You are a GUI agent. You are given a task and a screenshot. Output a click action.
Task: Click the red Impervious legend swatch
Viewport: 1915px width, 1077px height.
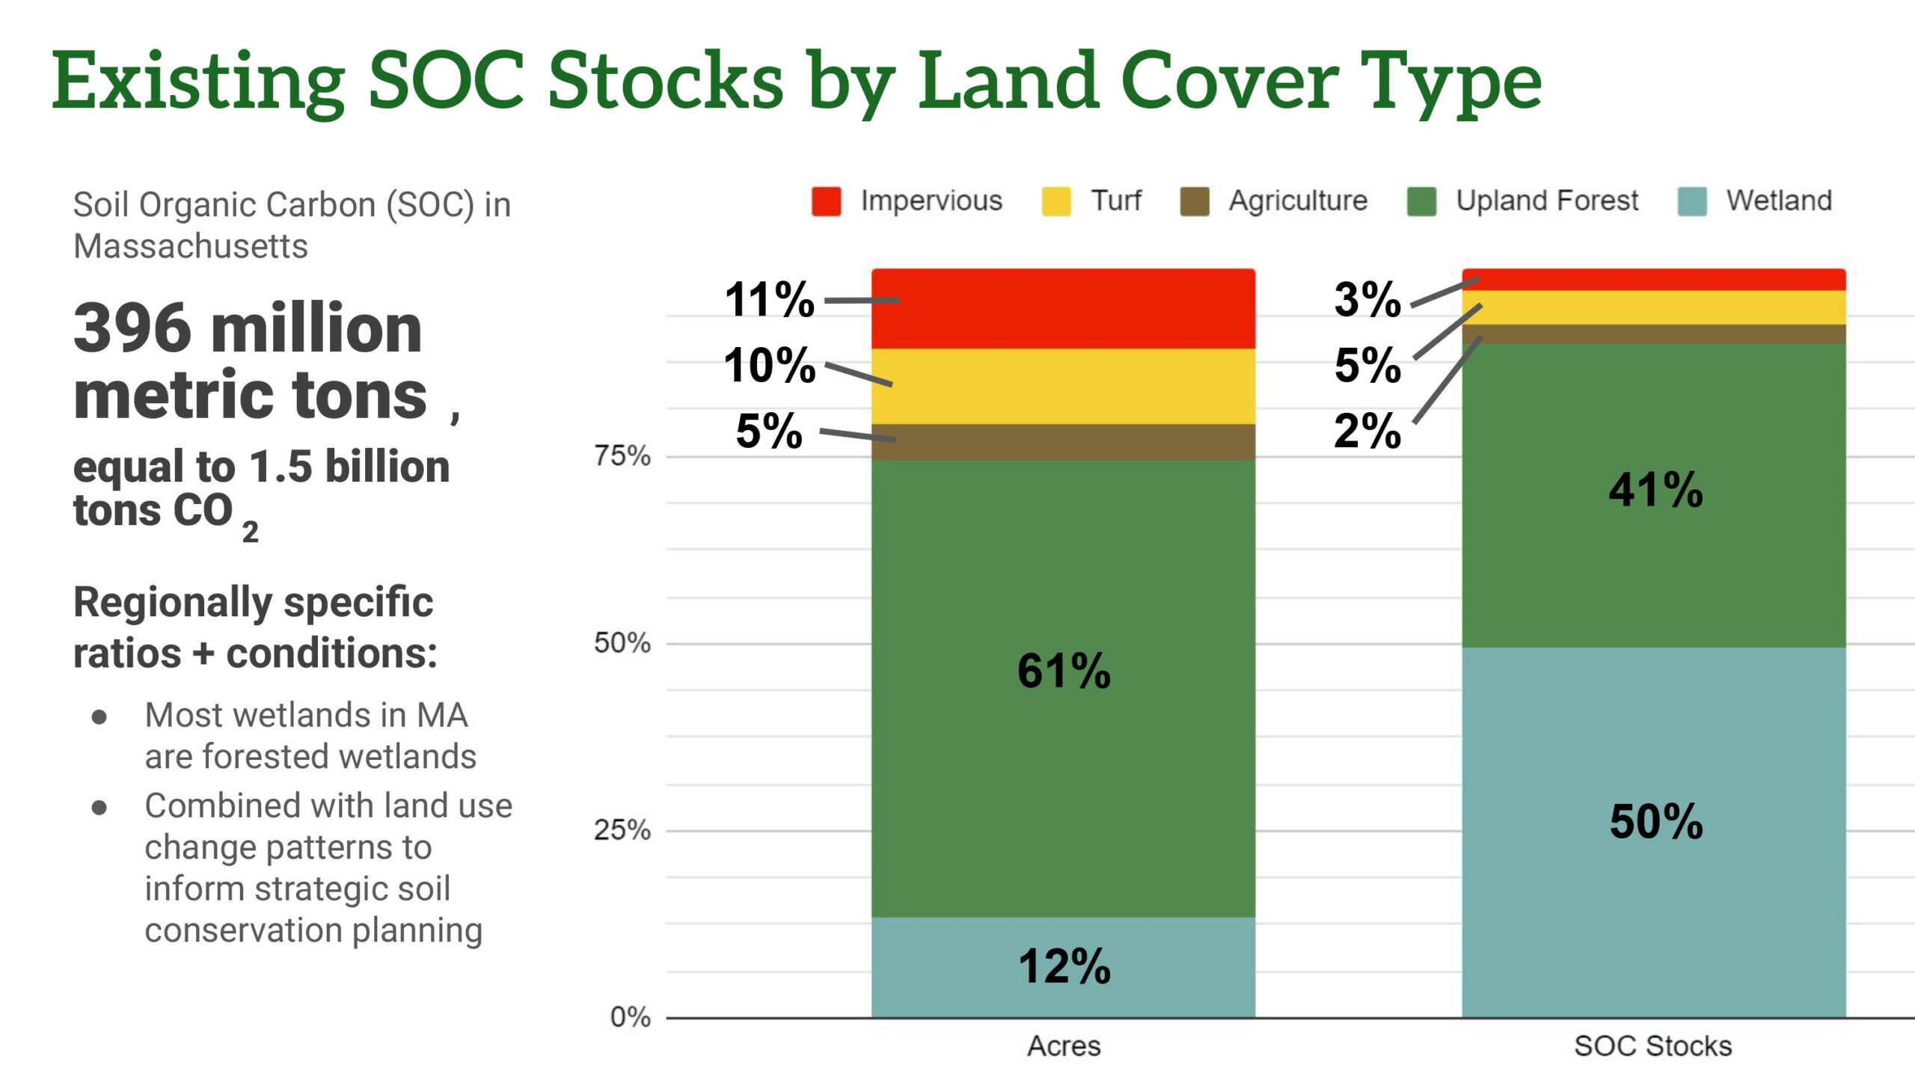tap(826, 201)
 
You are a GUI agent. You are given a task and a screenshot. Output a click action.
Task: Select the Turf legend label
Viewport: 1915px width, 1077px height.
tap(1116, 200)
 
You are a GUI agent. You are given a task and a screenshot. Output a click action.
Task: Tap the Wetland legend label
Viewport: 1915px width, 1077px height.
tap(1779, 200)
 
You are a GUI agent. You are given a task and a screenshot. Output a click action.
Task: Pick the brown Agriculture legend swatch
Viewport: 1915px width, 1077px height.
tap(1195, 201)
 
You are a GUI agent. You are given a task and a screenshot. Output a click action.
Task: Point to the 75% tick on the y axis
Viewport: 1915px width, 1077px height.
tap(622, 455)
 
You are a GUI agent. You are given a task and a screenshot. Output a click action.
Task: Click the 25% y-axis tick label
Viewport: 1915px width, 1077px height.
tap(622, 830)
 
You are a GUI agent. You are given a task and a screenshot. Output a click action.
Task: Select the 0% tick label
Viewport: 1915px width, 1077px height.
tap(630, 1017)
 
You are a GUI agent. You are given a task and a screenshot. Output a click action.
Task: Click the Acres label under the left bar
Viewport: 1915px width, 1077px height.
tap(1064, 1046)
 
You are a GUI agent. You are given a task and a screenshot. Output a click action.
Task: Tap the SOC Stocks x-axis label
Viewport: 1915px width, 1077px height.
tap(1652, 1046)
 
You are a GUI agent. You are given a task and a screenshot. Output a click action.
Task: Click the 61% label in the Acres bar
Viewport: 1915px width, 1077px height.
tap(1064, 670)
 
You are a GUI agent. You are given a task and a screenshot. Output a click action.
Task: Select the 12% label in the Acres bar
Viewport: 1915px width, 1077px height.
tap(1064, 966)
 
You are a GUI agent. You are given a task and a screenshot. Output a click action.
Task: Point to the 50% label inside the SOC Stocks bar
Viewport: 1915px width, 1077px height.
tap(1656, 821)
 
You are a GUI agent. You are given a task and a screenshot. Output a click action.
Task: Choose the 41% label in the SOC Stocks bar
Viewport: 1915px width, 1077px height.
tap(1656, 490)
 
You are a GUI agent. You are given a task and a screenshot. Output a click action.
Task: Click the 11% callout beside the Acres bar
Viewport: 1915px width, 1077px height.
tap(769, 299)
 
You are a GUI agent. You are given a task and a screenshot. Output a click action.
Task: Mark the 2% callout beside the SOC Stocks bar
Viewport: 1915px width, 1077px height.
tap(1367, 431)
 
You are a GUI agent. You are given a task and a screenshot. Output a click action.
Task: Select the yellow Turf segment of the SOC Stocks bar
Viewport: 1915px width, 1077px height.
tap(1654, 307)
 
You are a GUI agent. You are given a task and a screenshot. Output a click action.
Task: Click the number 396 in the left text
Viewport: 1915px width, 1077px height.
tap(132, 329)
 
